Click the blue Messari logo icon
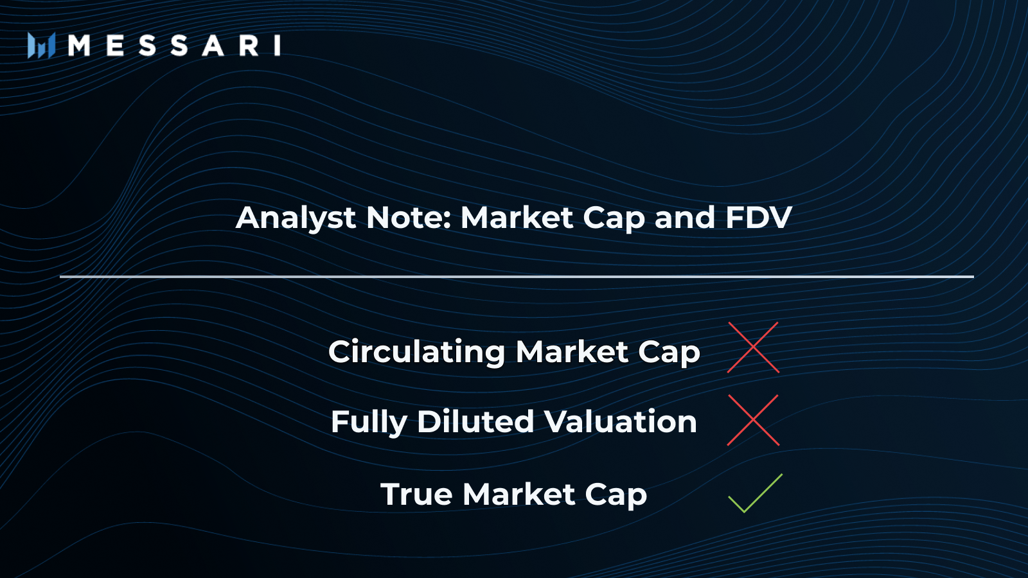[x=40, y=46]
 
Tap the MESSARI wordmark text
[x=174, y=46]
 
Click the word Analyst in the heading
[x=296, y=218]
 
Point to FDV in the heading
[x=758, y=218]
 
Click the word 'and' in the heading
[x=684, y=218]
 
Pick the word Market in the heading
[x=517, y=218]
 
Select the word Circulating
[x=416, y=352]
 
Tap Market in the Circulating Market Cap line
[x=572, y=352]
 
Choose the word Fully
[x=369, y=423]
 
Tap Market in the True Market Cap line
[x=518, y=495]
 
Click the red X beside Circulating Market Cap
[x=753, y=347]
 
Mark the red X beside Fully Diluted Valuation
[x=753, y=420]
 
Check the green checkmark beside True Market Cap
[x=754, y=494]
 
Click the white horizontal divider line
[x=517, y=277]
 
